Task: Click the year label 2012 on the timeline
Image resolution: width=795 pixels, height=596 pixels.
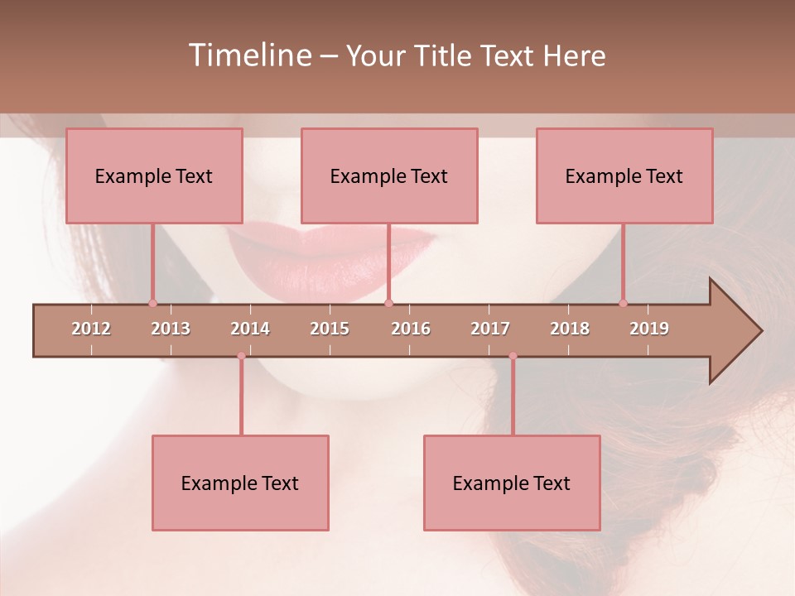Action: coord(91,329)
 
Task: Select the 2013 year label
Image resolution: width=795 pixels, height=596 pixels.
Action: coord(171,329)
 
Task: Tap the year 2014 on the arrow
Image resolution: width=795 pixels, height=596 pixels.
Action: coord(250,329)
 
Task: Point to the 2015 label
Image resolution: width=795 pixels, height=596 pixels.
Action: coord(330,329)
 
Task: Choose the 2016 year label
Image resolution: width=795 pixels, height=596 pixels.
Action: coord(411,329)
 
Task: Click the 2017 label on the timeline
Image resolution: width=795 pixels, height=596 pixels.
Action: coord(490,329)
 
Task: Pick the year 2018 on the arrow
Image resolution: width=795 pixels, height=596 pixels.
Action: coord(570,329)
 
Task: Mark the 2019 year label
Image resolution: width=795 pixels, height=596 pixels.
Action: coord(649,329)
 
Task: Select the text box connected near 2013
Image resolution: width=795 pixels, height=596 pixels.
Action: coord(154,175)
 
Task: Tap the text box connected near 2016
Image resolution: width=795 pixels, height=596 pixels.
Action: coord(389,175)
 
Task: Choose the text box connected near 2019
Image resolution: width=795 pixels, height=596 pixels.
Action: coord(624,175)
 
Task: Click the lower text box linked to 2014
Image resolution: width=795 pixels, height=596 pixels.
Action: coord(240,483)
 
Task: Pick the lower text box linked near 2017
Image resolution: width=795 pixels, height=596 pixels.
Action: coord(512,483)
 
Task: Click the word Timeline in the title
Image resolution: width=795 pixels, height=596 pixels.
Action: coord(248,55)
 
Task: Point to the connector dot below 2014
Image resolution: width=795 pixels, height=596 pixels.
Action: coord(241,356)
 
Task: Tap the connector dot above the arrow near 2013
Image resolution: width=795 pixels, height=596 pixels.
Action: coord(152,303)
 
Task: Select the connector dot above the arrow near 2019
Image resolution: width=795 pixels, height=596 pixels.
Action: coord(623,303)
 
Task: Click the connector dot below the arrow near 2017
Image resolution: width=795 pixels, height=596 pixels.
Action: coord(513,356)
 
